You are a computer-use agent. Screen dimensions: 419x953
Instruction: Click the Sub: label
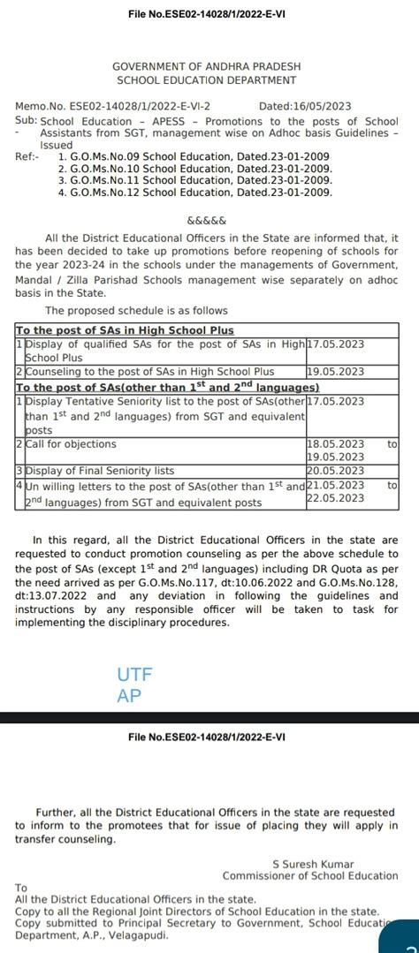click(x=26, y=120)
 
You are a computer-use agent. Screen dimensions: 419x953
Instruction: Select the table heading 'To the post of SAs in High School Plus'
click(x=125, y=329)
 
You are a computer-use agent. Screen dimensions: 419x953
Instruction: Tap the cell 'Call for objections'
click(x=72, y=444)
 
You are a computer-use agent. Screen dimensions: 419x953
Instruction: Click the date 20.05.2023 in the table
click(x=335, y=471)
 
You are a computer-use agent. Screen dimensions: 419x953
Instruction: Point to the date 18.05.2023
click(x=335, y=444)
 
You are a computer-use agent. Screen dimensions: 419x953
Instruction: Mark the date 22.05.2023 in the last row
click(x=335, y=498)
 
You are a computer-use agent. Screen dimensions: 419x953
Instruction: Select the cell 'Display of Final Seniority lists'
click(x=100, y=471)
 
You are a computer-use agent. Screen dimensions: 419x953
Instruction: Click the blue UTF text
click(x=135, y=675)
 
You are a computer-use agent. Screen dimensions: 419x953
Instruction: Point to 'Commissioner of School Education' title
click(x=309, y=875)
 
